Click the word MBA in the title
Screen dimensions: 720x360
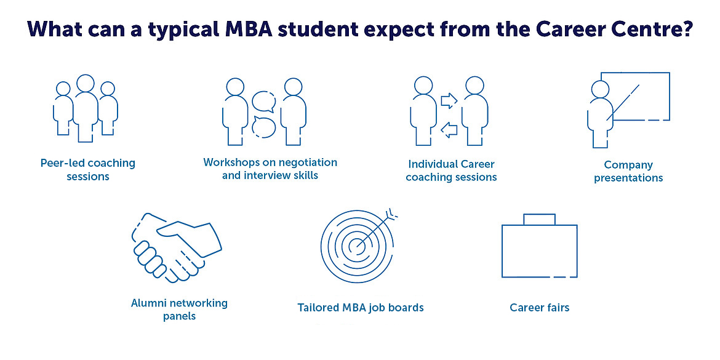tap(258, 29)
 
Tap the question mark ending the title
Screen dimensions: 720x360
tap(687, 29)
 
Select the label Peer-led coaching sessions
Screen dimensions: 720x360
tap(88, 169)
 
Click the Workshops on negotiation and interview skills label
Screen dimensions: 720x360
tap(270, 169)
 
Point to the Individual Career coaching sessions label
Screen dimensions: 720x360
tap(451, 170)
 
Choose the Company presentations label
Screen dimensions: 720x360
tap(628, 171)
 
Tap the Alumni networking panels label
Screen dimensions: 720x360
tap(179, 310)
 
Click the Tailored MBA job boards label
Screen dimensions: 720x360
tap(361, 307)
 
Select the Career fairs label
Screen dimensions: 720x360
tap(540, 307)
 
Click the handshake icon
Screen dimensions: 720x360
tap(177, 247)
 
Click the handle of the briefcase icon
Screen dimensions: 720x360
tap(539, 219)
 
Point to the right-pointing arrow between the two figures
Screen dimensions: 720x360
tap(449, 100)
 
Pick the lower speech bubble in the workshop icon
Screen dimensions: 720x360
tap(264, 127)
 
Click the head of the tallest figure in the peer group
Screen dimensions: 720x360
tap(86, 83)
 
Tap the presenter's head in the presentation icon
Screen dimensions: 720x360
tap(600, 89)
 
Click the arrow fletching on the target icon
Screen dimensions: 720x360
tap(391, 212)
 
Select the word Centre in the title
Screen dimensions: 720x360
tap(647, 29)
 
